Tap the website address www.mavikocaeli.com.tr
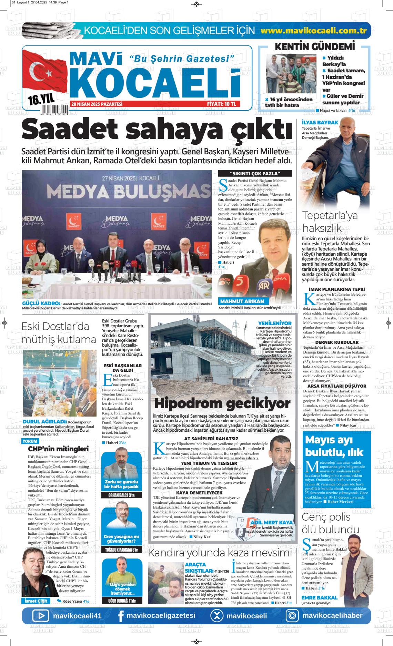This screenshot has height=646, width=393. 313,30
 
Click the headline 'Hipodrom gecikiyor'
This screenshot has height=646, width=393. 222,403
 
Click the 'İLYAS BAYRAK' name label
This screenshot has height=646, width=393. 315,123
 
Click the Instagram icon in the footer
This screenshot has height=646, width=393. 292,616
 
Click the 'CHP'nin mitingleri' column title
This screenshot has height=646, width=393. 58,449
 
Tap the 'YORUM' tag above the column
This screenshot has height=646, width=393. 29,441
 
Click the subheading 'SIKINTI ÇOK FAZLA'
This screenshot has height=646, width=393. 255,173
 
